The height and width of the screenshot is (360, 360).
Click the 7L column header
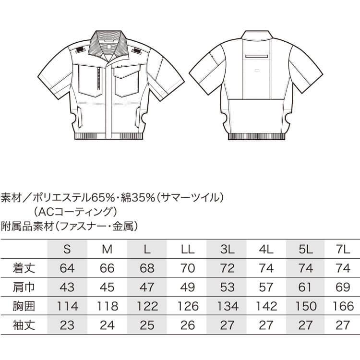click(343, 249)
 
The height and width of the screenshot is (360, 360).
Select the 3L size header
click(227, 249)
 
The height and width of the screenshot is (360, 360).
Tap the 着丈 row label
click(24, 268)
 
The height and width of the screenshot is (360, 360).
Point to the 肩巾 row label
click(24, 287)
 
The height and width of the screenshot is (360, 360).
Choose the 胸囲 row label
click(24, 306)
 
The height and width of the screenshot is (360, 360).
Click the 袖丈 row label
click(24, 325)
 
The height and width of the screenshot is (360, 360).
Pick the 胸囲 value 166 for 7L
click(343, 306)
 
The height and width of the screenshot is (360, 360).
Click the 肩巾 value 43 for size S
click(67, 287)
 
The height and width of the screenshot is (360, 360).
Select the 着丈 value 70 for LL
click(188, 268)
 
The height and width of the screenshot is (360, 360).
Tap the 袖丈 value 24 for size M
click(107, 325)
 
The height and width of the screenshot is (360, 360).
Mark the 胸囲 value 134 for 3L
click(228, 306)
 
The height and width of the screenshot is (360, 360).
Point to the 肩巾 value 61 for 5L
click(305, 287)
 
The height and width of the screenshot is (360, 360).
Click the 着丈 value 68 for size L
click(147, 268)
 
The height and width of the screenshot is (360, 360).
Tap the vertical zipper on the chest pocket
click(99, 80)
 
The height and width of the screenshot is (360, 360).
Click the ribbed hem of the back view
click(256, 136)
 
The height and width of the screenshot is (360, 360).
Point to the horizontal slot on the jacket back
click(257, 56)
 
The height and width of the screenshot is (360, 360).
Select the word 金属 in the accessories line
click(123, 227)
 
